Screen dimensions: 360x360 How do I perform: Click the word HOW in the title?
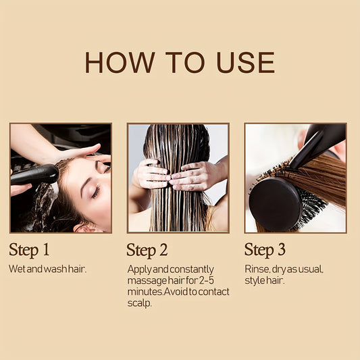[120, 62]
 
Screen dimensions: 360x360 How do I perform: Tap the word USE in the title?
[245, 62]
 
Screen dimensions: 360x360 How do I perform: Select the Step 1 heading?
[29, 250]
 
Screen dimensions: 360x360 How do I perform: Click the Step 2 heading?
[147, 251]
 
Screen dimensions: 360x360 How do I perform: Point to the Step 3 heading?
[265, 250]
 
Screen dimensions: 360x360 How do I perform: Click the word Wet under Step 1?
[17, 269]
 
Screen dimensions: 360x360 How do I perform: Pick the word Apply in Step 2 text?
[140, 269]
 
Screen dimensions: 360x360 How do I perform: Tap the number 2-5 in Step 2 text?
[206, 280]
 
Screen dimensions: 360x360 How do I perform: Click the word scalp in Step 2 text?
[139, 303]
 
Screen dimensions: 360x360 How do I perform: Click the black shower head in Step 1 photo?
[34, 174]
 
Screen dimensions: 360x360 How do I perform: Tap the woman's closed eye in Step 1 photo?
[97, 192]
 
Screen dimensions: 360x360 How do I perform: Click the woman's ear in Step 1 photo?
[85, 228]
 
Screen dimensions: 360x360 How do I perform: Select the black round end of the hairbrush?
[275, 205]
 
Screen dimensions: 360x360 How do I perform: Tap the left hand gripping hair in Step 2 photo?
[151, 174]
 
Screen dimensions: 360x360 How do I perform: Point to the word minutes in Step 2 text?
[145, 292]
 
